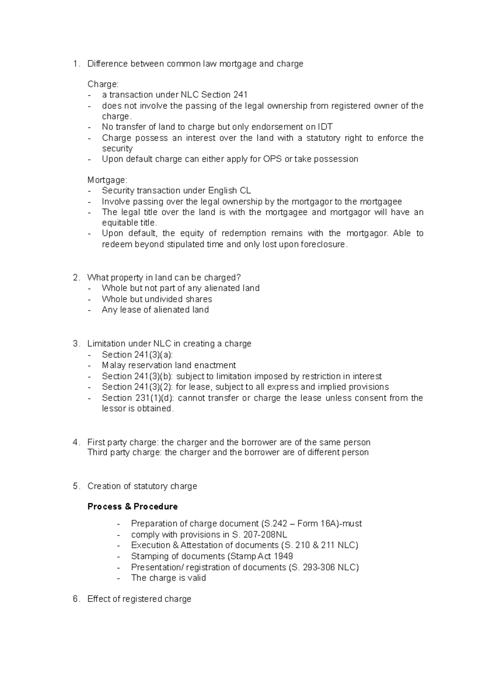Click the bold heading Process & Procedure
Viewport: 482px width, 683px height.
133,506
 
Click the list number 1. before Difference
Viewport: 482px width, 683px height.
76,64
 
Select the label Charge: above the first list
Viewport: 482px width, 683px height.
103,84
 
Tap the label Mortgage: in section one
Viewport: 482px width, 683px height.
107,180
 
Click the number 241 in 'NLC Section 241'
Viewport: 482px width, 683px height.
240,95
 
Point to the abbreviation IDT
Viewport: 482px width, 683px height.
325,127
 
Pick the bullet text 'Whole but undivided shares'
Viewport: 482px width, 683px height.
157,299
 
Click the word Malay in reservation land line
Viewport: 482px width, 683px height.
114,365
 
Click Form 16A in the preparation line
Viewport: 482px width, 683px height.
320,524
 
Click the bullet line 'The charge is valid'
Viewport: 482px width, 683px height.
168,578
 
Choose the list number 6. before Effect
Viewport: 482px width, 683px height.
76,599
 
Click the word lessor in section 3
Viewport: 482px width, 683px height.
114,409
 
